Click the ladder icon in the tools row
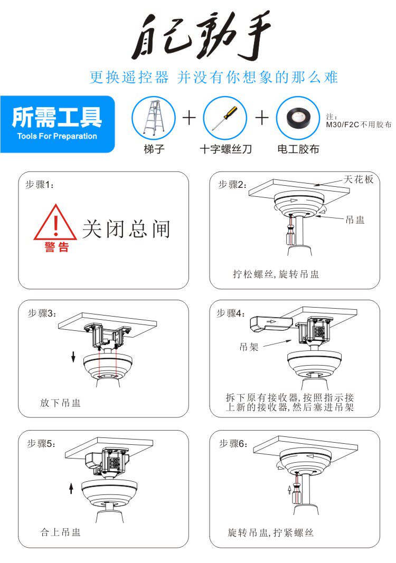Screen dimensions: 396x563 tap(154, 118)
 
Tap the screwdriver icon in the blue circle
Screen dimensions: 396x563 tap(225, 117)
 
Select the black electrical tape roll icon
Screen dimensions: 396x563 tap(298, 118)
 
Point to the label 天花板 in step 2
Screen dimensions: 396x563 tap(359, 179)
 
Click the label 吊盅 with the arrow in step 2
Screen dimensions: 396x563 tap(355, 220)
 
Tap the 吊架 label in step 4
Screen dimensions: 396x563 tap(249, 347)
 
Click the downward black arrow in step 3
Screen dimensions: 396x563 tap(73, 357)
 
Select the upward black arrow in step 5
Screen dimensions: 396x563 tap(71, 488)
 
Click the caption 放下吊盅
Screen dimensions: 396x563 tap(60, 403)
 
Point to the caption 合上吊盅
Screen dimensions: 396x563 tap(60, 532)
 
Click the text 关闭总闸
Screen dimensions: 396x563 tap(126, 228)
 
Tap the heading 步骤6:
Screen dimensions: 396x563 tap(233, 443)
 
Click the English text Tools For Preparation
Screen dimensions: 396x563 tap(57, 136)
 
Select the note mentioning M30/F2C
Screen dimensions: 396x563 tap(359, 121)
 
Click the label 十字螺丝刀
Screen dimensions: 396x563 tap(225, 149)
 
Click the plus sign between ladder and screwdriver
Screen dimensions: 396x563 tap(190, 118)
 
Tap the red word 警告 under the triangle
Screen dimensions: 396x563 tap(57, 247)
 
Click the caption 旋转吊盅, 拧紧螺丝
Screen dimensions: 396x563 tap(270, 532)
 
